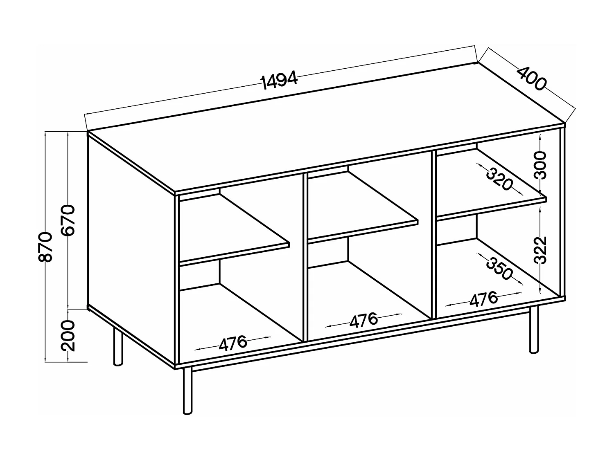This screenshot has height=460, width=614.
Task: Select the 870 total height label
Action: (x=45, y=247)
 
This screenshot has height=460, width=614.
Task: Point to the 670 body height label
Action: (x=68, y=220)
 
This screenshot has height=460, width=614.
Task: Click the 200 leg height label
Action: (x=68, y=336)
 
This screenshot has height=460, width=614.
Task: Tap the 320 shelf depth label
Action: (x=499, y=179)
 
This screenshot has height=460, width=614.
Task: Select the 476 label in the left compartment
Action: (x=233, y=343)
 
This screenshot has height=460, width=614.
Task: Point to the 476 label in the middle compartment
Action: (x=363, y=320)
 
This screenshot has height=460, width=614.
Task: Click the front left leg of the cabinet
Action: (x=187, y=390)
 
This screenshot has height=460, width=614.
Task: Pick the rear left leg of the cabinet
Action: (x=118, y=346)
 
